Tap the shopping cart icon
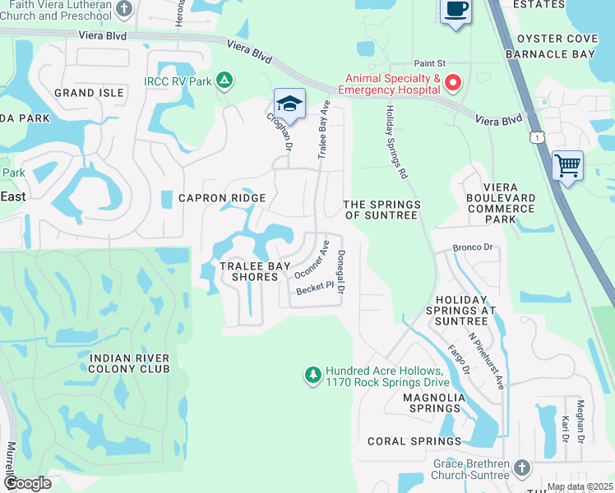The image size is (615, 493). pyautogui.click(x=567, y=166)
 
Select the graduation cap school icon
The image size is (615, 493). pyautogui.click(x=289, y=104)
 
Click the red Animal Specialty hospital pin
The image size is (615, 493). pyautogui.click(x=453, y=83)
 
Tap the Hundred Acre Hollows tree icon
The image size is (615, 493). pyautogui.click(x=312, y=376)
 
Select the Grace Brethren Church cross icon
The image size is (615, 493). pyautogui.click(x=520, y=468)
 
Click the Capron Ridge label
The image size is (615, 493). pyautogui.click(x=223, y=198)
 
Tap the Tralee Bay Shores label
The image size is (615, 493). pyautogui.click(x=249, y=271)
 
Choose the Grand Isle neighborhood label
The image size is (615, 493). pyautogui.click(x=89, y=93)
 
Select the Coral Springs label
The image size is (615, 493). pyautogui.click(x=403, y=441)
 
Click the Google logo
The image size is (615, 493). pyautogui.click(x=27, y=483)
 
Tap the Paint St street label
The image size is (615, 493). pyautogui.click(x=429, y=62)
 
